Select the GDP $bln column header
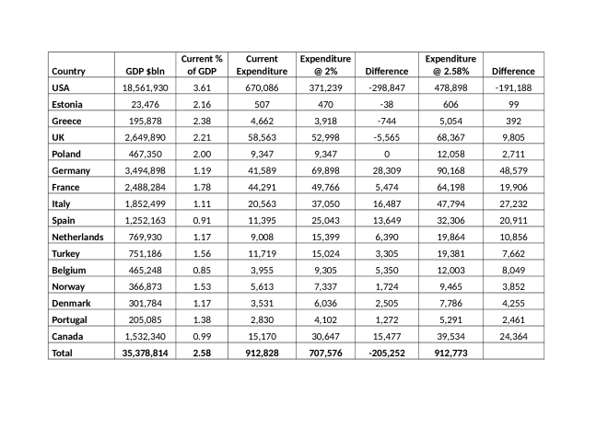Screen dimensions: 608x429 pyautogui.click(x=146, y=71)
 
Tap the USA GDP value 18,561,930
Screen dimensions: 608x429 pyautogui.click(x=146, y=87)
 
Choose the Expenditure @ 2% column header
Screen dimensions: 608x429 pyautogui.click(x=325, y=64)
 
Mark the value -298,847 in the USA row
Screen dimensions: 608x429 pyautogui.click(x=387, y=87)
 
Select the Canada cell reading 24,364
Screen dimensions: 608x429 pyautogui.click(x=512, y=335)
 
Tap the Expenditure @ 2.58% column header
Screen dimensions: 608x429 pyautogui.click(x=450, y=64)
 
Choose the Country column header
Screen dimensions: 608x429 pyautogui.click(x=69, y=71)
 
